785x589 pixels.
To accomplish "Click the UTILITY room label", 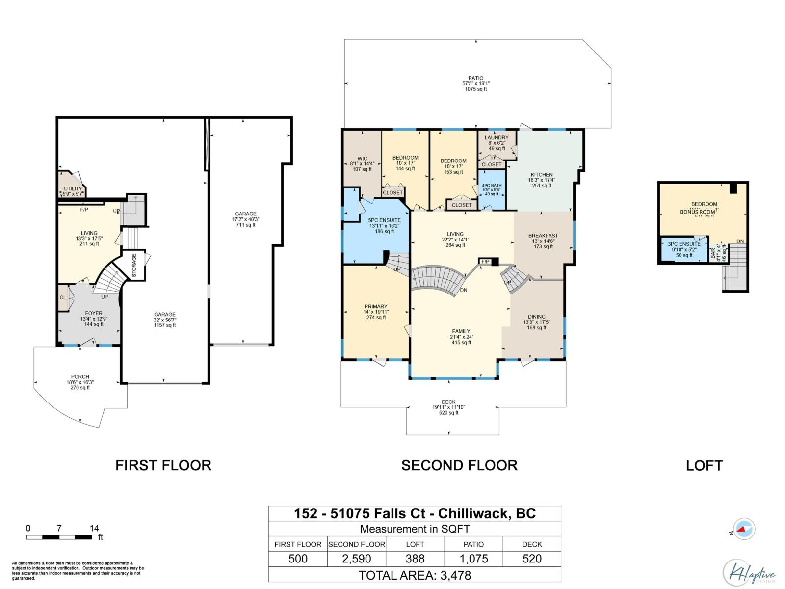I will pos(73,189).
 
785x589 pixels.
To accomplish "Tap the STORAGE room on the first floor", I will pos(134,265).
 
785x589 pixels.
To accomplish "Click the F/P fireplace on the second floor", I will pos(486,262).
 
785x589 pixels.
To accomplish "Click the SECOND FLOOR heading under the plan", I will pos(459,465).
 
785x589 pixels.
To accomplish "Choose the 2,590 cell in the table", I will pos(357,559).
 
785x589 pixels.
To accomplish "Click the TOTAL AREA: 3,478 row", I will pos(415,575).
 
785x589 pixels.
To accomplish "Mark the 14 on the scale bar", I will pos(94,528).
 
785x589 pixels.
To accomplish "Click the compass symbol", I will pos(744,529).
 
